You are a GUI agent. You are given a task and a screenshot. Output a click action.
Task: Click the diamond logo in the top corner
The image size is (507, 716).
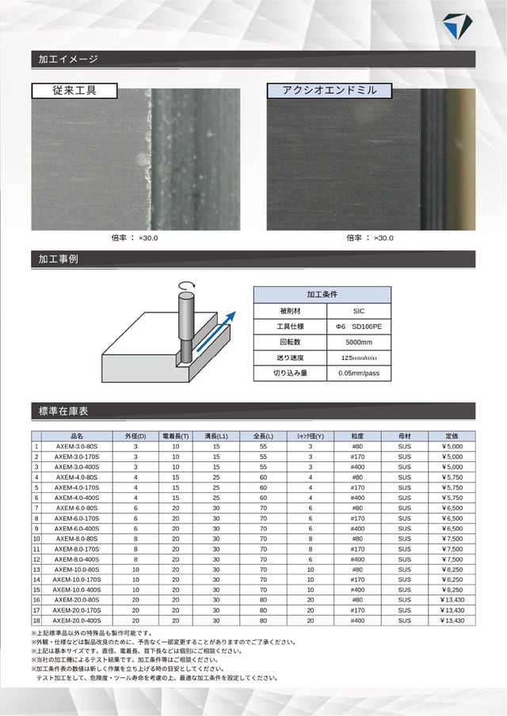coord(456,25)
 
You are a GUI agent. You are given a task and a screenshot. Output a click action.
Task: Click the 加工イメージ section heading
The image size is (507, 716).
coord(68,59)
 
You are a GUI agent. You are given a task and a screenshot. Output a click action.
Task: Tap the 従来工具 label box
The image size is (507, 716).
coord(74,90)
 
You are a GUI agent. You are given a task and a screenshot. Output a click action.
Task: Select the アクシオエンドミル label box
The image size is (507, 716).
coord(330,90)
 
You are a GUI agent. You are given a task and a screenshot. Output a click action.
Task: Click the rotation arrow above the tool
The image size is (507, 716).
coord(187,286)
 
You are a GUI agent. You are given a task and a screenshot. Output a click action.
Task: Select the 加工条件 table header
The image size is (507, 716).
coord(322,294)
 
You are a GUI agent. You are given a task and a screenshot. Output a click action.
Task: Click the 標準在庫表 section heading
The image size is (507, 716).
coord(63,411)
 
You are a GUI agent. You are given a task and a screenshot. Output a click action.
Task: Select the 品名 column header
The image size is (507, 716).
coord(77,436)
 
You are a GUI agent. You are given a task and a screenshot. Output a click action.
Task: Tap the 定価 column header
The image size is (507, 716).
coord(452,436)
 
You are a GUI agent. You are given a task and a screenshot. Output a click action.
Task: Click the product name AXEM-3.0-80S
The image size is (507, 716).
coord(77,446)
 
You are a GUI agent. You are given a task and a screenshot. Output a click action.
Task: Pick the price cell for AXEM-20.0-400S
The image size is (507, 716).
coord(452,620)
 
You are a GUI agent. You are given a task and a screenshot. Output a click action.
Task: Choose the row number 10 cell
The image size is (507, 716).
coord(36,538)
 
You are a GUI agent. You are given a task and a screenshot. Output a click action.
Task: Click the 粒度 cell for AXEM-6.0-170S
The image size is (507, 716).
coord(357,518)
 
